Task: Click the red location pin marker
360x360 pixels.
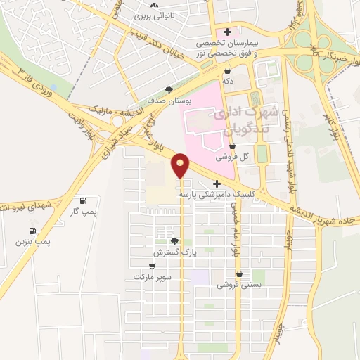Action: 181,165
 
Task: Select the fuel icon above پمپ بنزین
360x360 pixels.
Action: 32,231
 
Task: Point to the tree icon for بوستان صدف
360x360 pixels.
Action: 169,89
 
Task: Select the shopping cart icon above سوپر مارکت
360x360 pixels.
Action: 153,266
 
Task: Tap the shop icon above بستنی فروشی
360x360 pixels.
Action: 240,274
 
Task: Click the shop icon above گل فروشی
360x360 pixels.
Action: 242,146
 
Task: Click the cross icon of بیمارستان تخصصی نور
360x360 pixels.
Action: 227,32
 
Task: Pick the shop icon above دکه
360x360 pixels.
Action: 229,71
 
